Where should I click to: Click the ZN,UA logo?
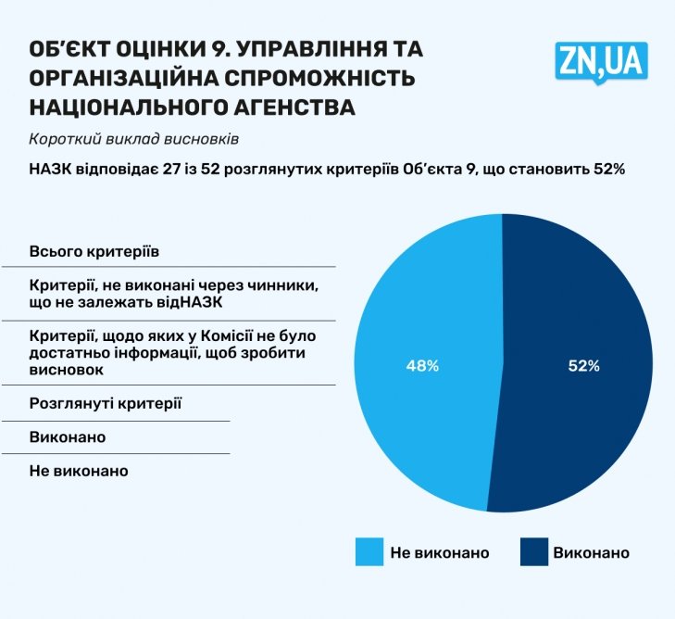pyautogui.click(x=602, y=62)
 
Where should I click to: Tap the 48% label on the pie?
pyautogui.click(x=422, y=366)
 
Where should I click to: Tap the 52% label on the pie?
pyautogui.click(x=583, y=366)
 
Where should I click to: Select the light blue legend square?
pyautogui.click(x=369, y=552)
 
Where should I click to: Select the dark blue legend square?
pyautogui.click(x=531, y=552)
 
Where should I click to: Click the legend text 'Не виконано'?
pyautogui.click(x=439, y=553)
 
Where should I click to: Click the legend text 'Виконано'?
pyautogui.click(x=591, y=553)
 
